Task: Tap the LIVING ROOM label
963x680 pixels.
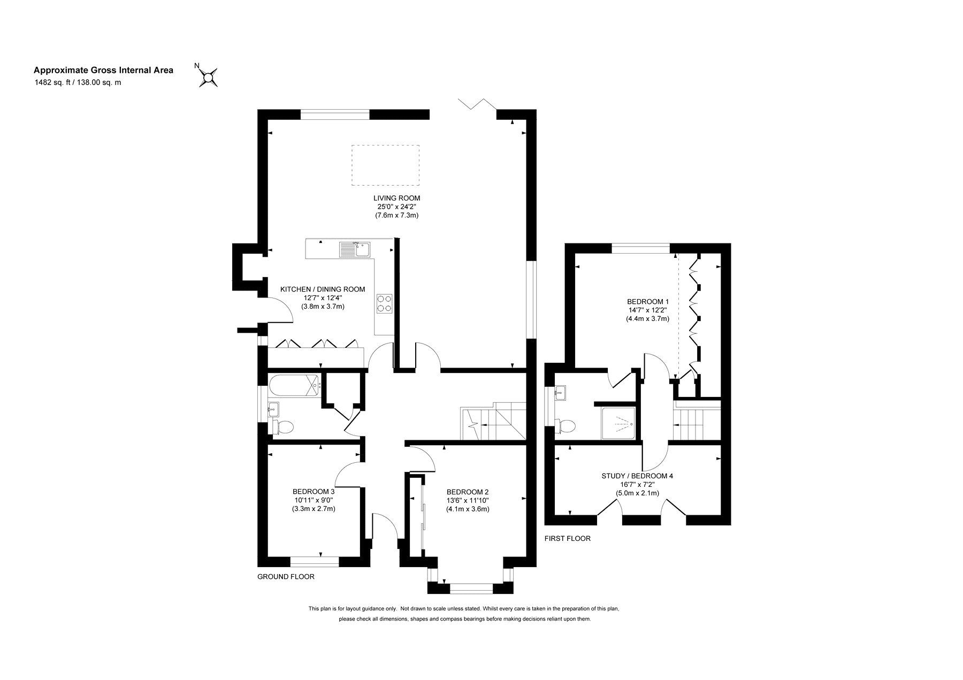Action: coord(396,198)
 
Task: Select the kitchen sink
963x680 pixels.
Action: coord(354,249)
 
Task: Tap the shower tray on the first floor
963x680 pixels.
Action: coord(620,424)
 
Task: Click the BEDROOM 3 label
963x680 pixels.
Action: coord(314,492)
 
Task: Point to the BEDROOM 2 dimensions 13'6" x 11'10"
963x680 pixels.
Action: coord(468,501)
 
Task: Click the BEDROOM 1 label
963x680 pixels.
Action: coord(648,301)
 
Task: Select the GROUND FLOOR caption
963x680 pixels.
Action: coord(286,577)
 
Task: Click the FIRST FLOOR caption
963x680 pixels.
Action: coord(568,538)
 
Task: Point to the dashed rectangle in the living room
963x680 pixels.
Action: coord(385,165)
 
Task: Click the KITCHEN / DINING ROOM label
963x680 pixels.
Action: coord(323,289)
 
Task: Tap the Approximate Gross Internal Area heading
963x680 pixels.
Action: coord(104,70)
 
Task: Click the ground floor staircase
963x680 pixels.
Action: coord(494,422)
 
